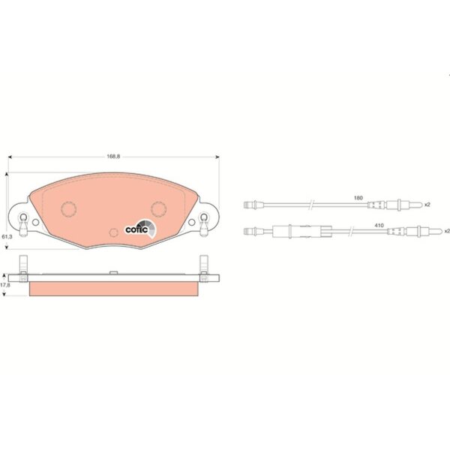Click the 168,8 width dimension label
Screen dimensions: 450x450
pos(113,157)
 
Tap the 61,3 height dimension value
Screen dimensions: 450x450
pos(7,237)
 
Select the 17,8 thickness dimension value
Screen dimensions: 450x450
pos(5,285)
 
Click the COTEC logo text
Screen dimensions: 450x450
pos(136,230)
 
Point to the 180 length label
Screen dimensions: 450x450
pos(358,198)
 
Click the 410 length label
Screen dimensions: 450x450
pos(379,226)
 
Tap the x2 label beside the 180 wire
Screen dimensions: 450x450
pos(427,205)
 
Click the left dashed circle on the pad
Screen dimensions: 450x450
pos(68,208)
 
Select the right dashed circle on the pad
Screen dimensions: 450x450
pos(159,208)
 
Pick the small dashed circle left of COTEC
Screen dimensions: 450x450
pos(114,232)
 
